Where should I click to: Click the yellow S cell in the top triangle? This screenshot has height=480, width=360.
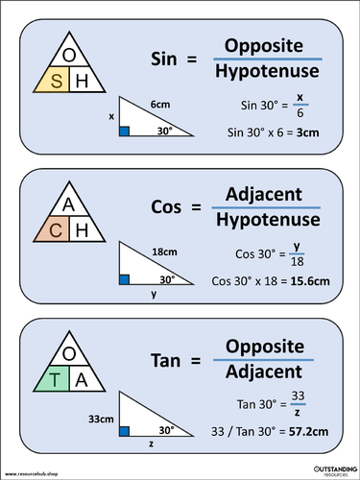(x=56, y=83)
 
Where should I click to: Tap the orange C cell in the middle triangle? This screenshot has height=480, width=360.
(x=56, y=229)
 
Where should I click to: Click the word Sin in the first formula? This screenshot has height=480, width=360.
(x=169, y=60)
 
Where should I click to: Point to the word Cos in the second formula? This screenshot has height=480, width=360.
(x=169, y=207)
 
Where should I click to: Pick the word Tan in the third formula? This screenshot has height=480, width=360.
(x=169, y=356)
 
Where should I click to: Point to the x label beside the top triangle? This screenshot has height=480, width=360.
(x=111, y=116)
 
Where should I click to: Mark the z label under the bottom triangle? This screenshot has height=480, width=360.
(x=152, y=444)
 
